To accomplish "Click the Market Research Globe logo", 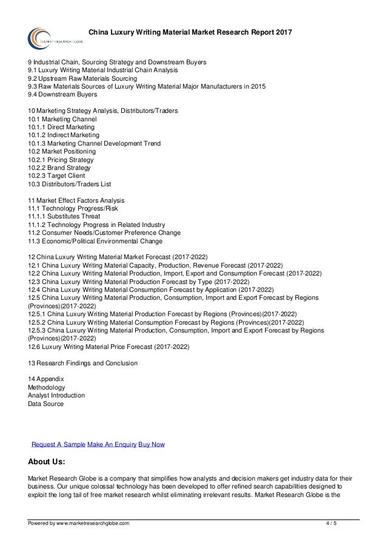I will tap(49, 36).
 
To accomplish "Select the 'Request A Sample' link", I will tap(58, 444).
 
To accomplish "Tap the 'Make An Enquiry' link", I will tap(112, 444).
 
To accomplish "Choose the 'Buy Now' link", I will tap(152, 444).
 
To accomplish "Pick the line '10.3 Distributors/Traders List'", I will tap(70, 183).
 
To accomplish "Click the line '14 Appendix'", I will tap(46, 379).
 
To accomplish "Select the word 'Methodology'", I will tap(47, 387).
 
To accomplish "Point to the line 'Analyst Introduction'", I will tap(56, 395).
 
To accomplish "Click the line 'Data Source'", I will tap(45, 404).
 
